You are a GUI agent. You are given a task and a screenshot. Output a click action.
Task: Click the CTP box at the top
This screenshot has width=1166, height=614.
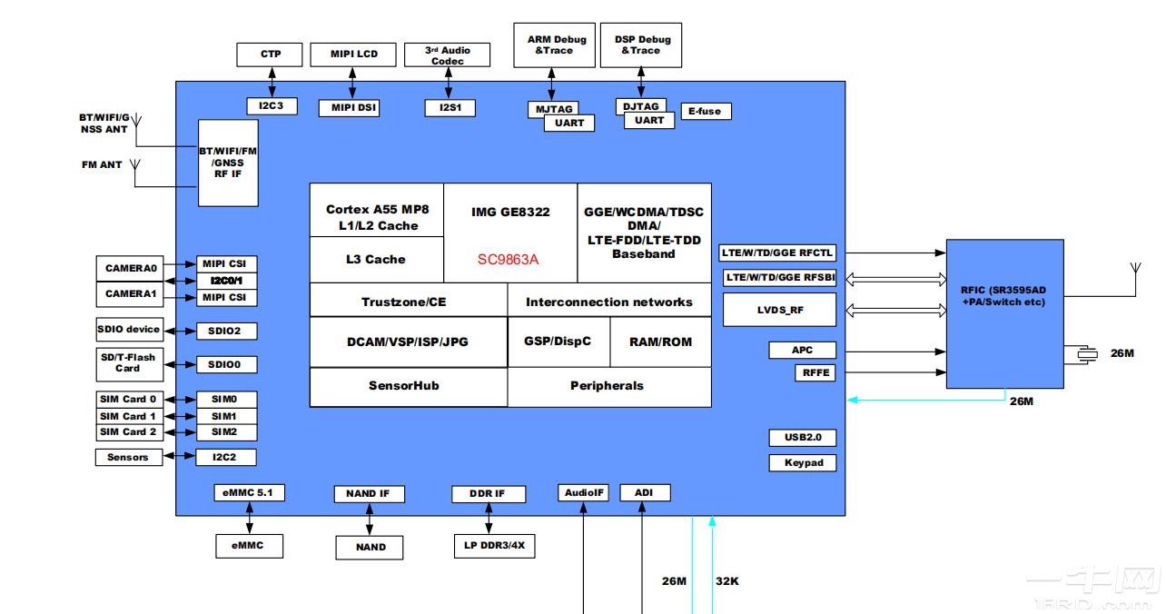[270, 54]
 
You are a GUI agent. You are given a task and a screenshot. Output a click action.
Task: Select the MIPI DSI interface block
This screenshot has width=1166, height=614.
[349, 108]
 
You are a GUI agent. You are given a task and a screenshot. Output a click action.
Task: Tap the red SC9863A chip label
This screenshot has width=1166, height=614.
[509, 259]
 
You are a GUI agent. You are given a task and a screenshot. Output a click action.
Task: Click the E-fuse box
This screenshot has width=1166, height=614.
[704, 111]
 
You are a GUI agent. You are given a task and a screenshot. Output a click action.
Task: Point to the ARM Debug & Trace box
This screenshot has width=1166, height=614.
[554, 45]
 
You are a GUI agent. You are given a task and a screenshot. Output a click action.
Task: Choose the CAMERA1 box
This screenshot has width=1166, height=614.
[132, 294]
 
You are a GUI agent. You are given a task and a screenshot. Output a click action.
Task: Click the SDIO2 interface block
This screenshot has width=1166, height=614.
[226, 331]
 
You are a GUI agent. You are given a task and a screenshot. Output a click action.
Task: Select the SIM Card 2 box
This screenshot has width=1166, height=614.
[128, 432]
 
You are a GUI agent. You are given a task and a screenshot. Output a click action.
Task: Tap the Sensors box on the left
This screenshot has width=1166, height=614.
[128, 457]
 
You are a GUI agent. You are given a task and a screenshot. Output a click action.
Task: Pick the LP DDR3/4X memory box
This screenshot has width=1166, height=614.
[493, 547]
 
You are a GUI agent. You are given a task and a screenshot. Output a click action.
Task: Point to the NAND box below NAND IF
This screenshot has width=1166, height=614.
[370, 547]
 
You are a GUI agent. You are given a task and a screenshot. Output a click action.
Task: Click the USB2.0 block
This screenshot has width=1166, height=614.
[803, 437]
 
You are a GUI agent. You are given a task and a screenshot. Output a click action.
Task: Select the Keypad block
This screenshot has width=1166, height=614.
[803, 462]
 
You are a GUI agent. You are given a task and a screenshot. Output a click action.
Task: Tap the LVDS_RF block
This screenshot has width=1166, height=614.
[778, 310]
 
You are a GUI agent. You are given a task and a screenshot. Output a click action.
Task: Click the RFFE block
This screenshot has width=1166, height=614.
[815, 372]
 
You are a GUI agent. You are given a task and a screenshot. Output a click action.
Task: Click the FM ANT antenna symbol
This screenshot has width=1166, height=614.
[134, 166]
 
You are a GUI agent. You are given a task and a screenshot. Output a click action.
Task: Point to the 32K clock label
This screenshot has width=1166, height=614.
[726, 580]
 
